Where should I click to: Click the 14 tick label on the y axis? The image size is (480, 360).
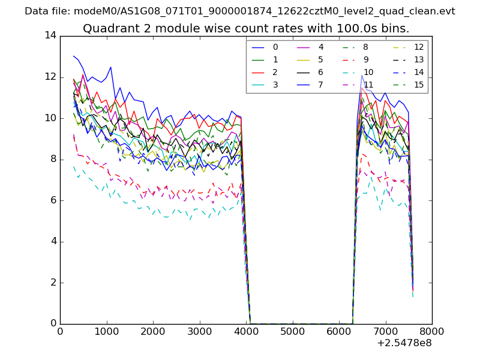(x=50, y=35)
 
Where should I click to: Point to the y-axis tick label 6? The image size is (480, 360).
(x=53, y=200)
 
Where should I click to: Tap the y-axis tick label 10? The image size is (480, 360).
(x=50, y=118)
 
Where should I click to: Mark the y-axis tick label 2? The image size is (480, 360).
(x=53, y=283)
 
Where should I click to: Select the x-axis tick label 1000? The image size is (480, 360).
(x=106, y=331)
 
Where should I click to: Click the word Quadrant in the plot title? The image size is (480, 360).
(x=110, y=29)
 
